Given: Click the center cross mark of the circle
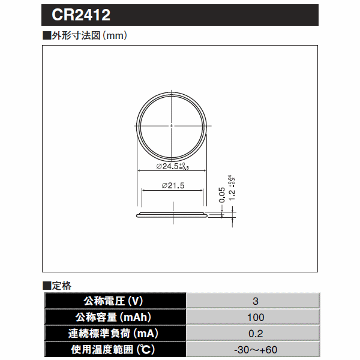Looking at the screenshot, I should click(x=172, y=124).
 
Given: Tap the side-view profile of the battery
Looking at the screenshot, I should click(x=172, y=214).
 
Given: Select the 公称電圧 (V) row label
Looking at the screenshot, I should click(x=116, y=301).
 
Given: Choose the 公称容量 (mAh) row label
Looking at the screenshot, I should click(x=116, y=317).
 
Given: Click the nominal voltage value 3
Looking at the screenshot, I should click(x=255, y=301).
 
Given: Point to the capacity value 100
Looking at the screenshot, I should click(x=255, y=317).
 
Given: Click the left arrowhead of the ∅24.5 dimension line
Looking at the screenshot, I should click(x=140, y=171).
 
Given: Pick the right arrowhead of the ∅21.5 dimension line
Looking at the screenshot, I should click(x=202, y=190).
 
